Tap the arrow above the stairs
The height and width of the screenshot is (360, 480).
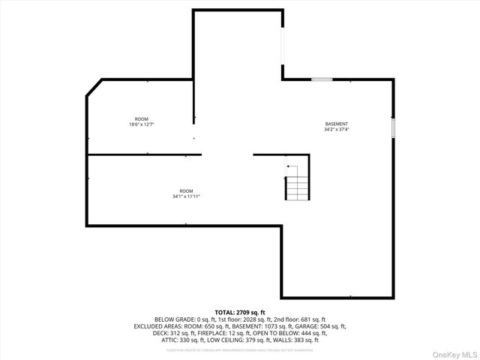pyautogui.click(x=292, y=167)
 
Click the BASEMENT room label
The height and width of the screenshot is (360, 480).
pyautogui.click(x=336, y=124)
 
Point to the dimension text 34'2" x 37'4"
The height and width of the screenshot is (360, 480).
pyautogui.click(x=336, y=129)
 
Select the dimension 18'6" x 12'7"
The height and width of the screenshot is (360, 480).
pyautogui.click(x=141, y=124)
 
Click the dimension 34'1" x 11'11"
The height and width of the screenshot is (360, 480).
pyautogui.click(x=186, y=196)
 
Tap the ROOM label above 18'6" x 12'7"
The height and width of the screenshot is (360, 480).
pyautogui.click(x=141, y=119)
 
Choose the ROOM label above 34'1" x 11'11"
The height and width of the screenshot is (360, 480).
pyautogui.click(x=186, y=191)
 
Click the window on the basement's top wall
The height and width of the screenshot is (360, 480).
pyautogui.click(x=322, y=79)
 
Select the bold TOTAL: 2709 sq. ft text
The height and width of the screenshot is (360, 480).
pyautogui.click(x=240, y=312)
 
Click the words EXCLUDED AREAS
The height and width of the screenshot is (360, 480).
pyautogui.click(x=155, y=326)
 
